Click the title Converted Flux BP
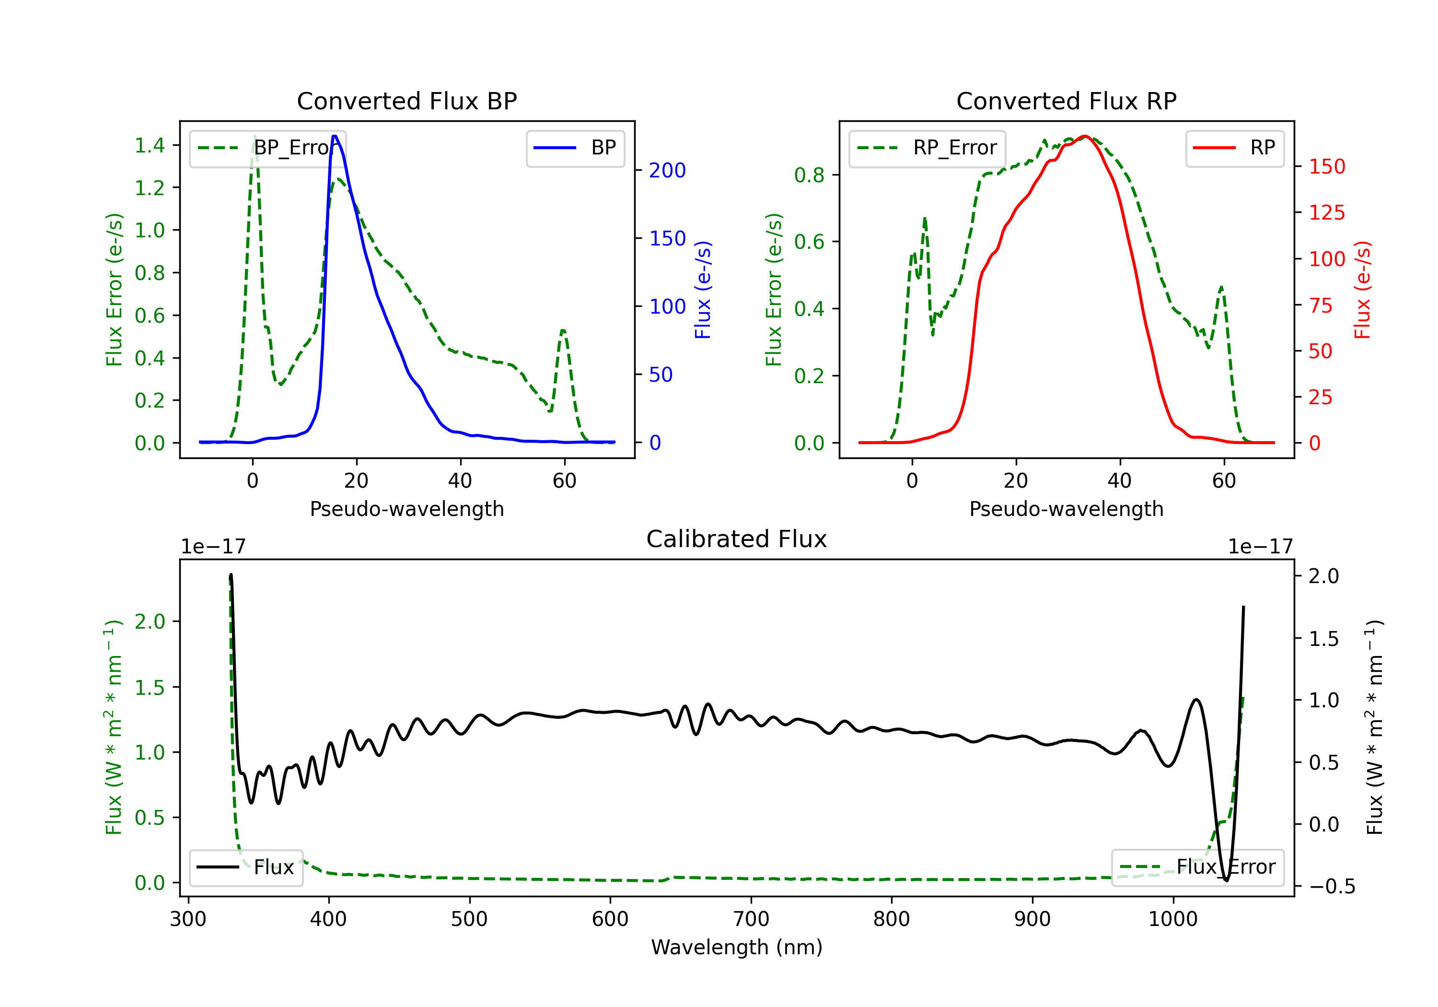coord(406,101)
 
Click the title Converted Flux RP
coord(1066,101)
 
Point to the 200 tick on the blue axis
coord(667,170)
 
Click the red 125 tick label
coord(1326,212)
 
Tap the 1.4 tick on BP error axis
coord(150,145)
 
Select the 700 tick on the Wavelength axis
coord(751,919)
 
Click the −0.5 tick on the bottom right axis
coord(1331,886)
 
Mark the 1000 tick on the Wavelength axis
coord(1172,919)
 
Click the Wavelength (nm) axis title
coord(737,947)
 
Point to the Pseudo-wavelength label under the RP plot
coord(1066,509)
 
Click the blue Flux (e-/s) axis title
coord(703,290)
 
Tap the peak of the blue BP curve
coord(335,136)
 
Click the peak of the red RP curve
coord(1085,136)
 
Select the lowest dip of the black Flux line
coord(1226,880)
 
